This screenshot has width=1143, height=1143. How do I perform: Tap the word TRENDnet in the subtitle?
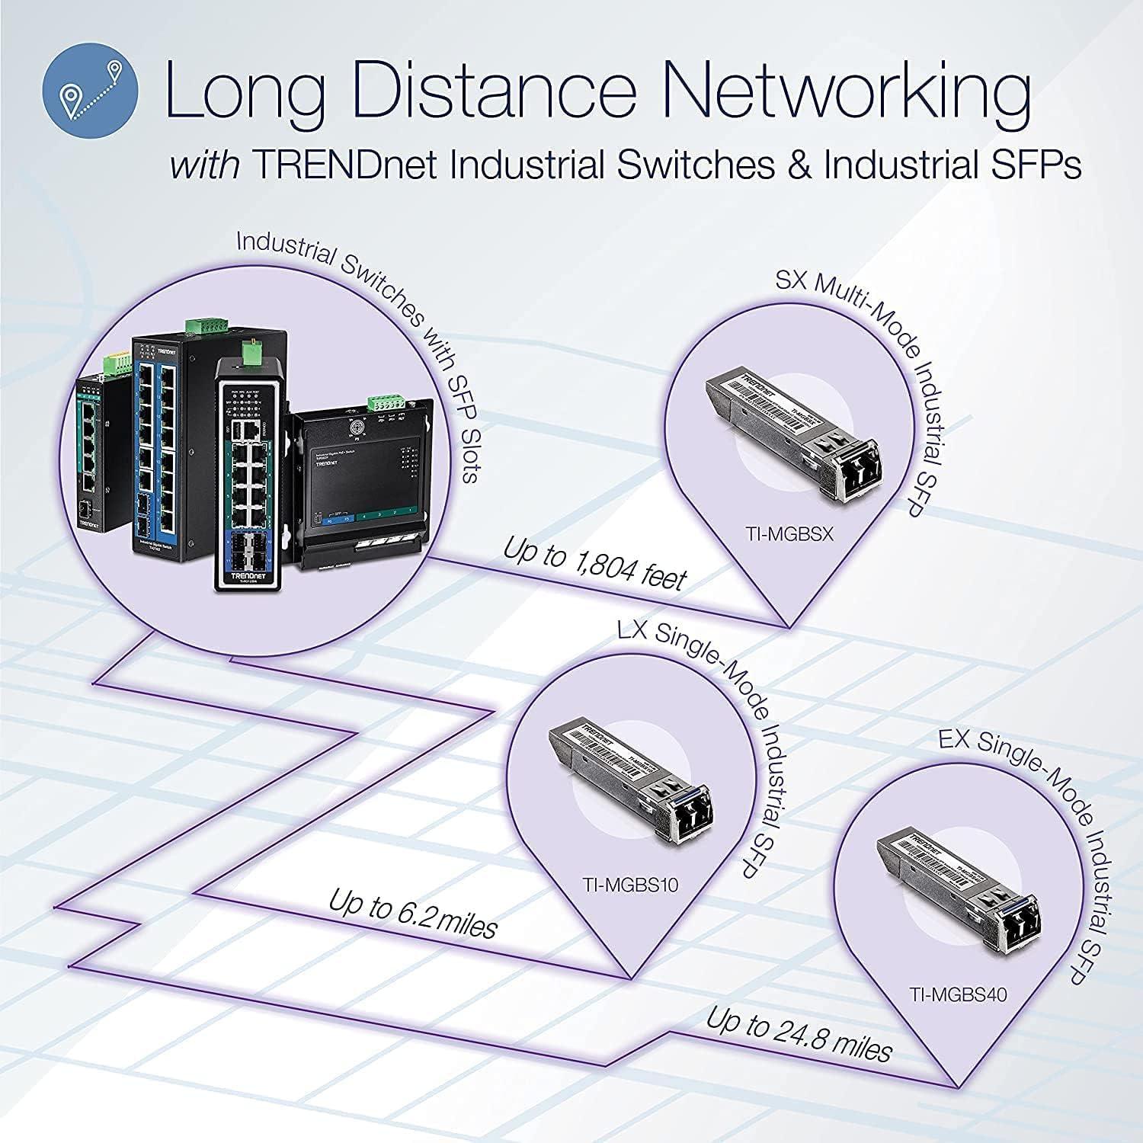pyautogui.click(x=345, y=165)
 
